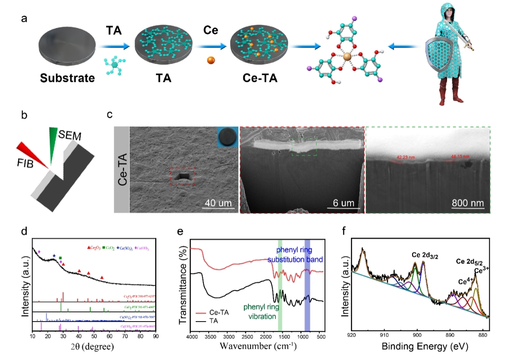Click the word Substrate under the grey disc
pos(67,77)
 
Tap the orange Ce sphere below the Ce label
pos(211,60)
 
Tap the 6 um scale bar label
pos(342,202)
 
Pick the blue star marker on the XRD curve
pos(54,256)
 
